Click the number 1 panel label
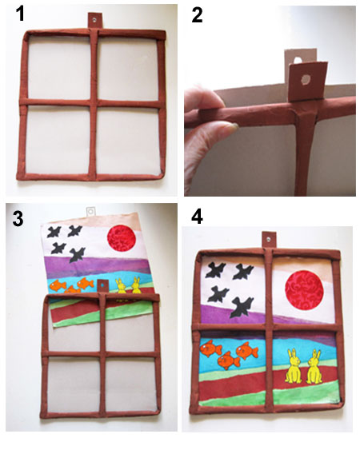pos(20,14)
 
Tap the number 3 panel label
pos(18,219)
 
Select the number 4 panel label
pos(197,217)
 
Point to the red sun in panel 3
pos(122,238)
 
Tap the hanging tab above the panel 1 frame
pos(94,20)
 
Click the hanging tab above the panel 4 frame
pos(270,240)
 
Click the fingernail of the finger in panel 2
pos(235,125)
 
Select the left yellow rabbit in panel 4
pos(294,366)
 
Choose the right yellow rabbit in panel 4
pos(314,366)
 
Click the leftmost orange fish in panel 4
pos(210,348)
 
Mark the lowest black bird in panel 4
pos(242,308)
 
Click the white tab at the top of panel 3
pos(90,211)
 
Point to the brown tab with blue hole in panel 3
pos(102,286)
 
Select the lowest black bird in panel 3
pos(77,255)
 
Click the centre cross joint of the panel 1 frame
pos(93,103)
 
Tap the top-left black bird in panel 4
pos(214,270)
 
